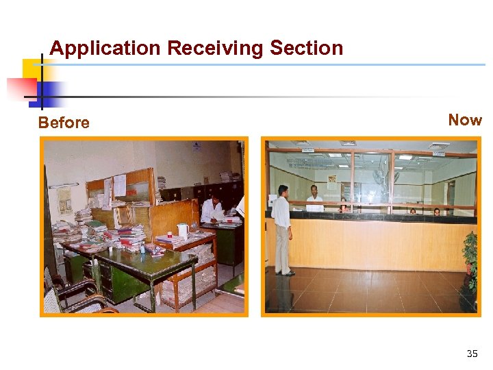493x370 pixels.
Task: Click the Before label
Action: pos(64,123)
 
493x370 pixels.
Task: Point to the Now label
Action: pos(465,120)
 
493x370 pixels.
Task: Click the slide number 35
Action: pos(472,354)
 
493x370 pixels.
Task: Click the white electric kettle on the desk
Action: pos(182,231)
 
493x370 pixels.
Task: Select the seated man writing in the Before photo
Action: pos(213,208)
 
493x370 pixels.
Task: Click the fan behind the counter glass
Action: pos(378,177)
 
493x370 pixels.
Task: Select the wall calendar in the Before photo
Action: pos(65,199)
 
